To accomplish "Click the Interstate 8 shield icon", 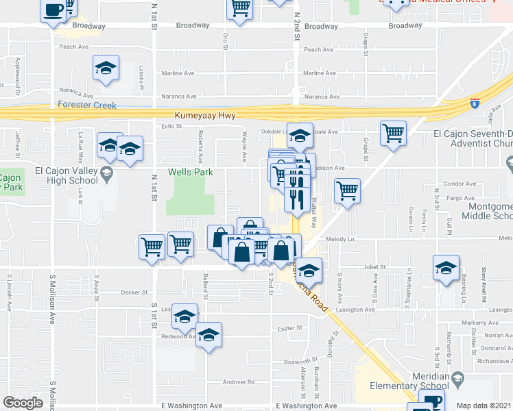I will tap(475, 104).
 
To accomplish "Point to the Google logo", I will tap(23, 403).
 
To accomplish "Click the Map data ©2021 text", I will tap(484, 406).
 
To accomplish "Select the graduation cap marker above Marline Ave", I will tap(106, 68).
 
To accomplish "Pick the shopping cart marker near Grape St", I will tap(393, 133).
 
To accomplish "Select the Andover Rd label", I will tap(241, 382).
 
